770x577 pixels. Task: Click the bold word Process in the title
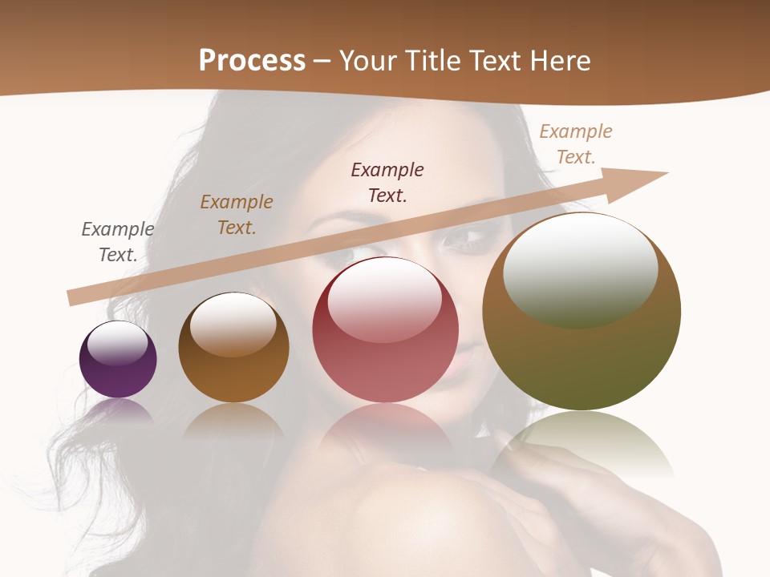point(252,61)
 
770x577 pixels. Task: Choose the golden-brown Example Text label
point(237,215)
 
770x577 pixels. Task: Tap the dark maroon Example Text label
point(387,183)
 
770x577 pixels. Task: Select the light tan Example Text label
point(576,144)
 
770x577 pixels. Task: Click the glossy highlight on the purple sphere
point(118,343)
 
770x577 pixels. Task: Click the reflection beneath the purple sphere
point(118,410)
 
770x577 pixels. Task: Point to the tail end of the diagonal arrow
point(74,297)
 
